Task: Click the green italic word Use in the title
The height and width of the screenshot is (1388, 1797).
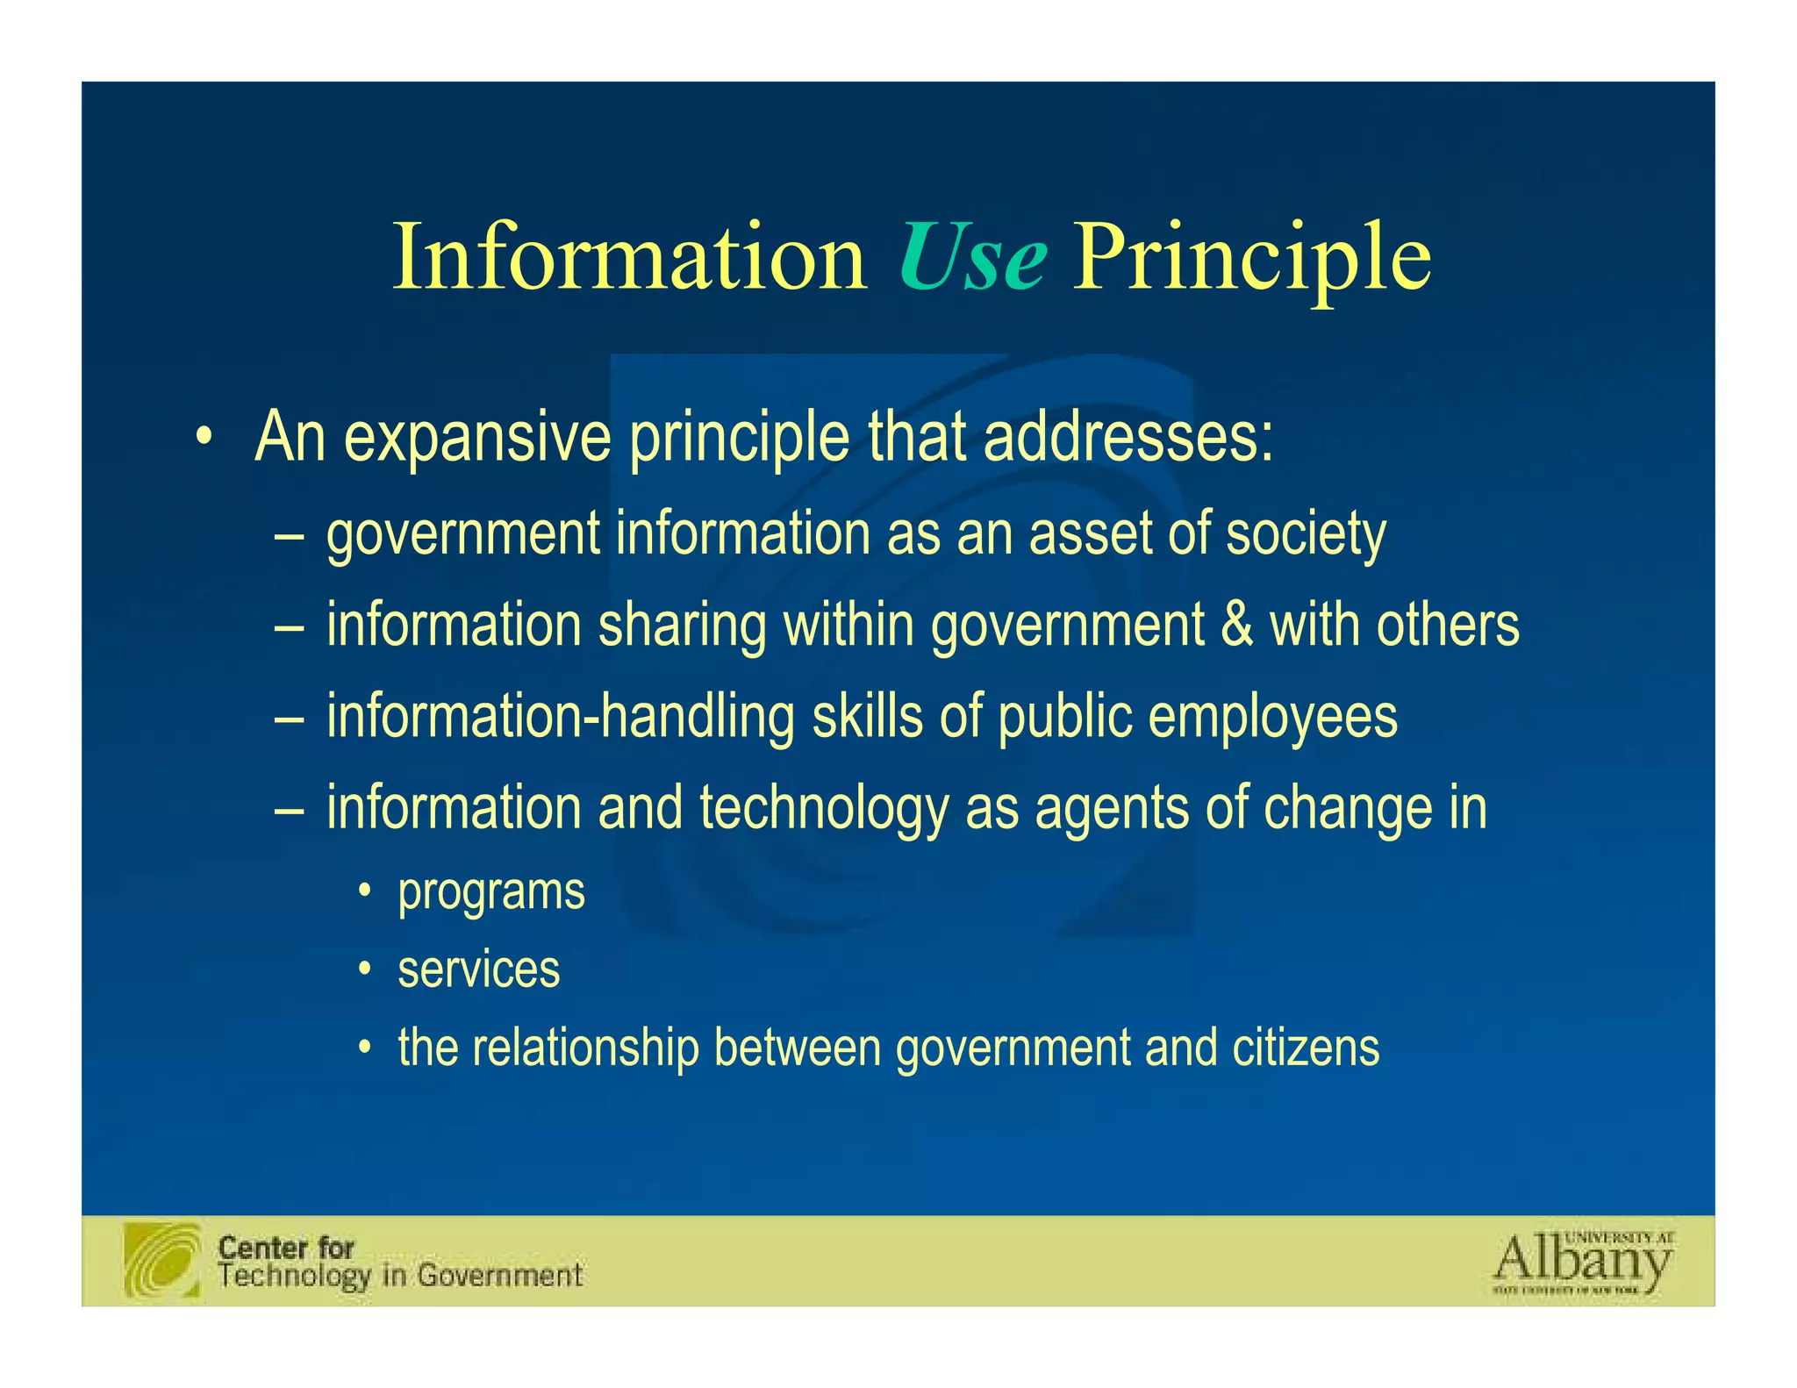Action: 972,258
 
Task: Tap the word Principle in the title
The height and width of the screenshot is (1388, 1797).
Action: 1252,258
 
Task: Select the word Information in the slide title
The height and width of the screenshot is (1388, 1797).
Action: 629,258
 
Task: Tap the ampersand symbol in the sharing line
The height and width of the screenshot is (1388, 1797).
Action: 1236,625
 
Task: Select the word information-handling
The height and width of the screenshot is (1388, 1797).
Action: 561,716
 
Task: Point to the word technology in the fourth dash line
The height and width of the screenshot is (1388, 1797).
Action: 824,808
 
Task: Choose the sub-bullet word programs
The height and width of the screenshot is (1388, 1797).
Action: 491,893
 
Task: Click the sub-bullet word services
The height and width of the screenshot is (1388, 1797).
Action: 479,969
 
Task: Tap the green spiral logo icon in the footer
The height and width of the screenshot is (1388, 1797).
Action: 162,1260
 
